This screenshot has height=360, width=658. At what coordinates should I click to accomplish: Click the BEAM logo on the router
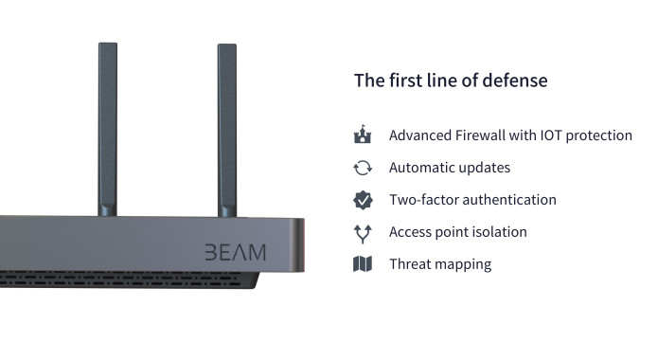tap(236, 252)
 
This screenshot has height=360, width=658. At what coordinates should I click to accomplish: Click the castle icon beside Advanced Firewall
tap(363, 135)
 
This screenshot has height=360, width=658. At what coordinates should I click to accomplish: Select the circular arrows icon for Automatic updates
tap(363, 168)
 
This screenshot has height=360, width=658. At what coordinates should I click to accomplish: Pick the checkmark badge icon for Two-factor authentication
tap(363, 200)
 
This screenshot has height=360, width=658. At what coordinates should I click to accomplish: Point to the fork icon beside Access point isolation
tap(363, 232)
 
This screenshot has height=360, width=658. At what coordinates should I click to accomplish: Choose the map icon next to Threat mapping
tap(363, 264)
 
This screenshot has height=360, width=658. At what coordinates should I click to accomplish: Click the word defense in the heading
tap(516, 81)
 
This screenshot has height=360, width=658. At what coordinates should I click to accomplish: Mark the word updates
tap(486, 168)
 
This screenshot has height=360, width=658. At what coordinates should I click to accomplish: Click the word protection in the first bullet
tap(602, 135)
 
